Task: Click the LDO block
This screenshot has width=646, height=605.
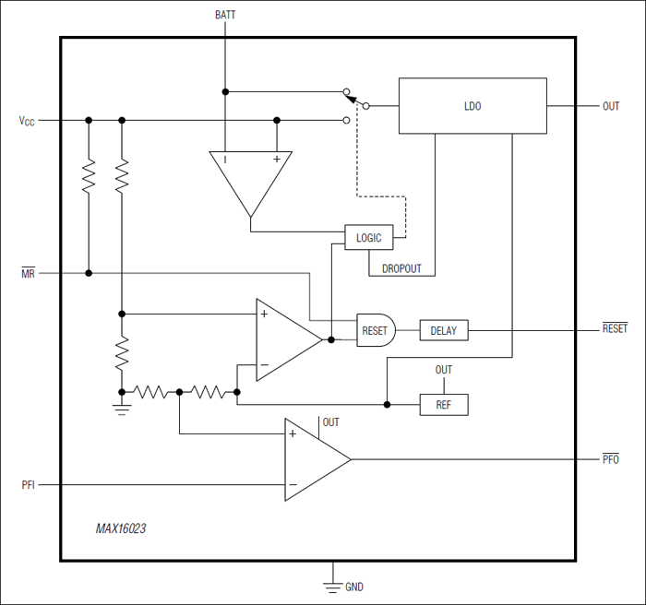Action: (472, 106)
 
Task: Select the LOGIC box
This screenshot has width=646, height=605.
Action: (368, 237)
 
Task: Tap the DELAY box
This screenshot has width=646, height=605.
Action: (444, 330)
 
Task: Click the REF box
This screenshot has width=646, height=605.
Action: (444, 405)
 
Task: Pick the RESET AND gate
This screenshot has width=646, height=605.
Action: (375, 329)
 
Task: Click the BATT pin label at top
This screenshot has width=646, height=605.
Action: (224, 15)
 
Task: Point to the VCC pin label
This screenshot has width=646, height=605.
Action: (27, 121)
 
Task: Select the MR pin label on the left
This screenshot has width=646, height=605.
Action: (28, 274)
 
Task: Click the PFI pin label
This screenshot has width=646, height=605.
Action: (28, 484)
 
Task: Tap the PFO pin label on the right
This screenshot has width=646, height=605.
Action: (610, 458)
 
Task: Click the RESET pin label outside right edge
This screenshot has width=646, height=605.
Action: (614, 329)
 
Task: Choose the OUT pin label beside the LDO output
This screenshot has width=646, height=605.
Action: (611, 106)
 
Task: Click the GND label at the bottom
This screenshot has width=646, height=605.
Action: (355, 587)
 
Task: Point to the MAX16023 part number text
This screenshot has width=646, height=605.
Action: (120, 529)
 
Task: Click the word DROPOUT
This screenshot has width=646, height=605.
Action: (401, 268)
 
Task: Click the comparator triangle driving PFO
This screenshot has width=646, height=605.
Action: (314, 458)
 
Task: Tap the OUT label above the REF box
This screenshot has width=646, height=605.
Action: (444, 370)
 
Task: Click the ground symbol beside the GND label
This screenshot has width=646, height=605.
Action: (331, 584)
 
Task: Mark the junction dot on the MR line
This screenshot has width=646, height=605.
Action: (89, 273)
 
